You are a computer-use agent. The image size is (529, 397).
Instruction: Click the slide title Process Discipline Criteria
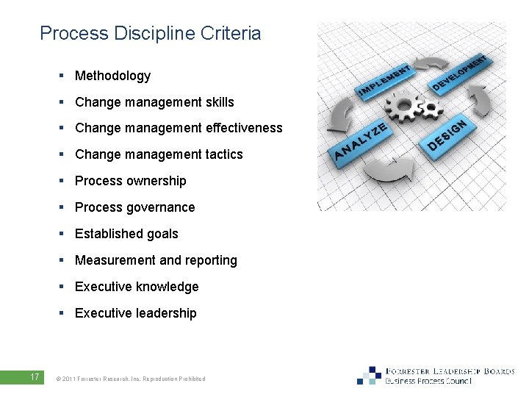150,33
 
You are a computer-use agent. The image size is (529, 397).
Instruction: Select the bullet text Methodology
112,76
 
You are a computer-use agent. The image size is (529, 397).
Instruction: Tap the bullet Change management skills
154,102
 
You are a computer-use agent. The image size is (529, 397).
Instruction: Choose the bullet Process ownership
131,181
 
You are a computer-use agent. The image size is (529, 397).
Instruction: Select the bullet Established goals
126,234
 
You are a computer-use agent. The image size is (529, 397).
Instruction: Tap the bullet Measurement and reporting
156,260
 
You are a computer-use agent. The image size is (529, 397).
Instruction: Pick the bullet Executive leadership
136,313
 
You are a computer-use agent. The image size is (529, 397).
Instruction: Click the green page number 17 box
35,378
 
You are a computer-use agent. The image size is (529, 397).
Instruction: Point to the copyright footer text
130,379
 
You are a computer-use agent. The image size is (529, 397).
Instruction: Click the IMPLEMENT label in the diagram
384,80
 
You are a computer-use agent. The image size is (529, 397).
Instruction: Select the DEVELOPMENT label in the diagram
459,73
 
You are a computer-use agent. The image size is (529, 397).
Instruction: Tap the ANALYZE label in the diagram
360,141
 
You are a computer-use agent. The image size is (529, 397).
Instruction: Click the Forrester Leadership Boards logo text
450,371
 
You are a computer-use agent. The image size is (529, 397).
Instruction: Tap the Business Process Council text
428,382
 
